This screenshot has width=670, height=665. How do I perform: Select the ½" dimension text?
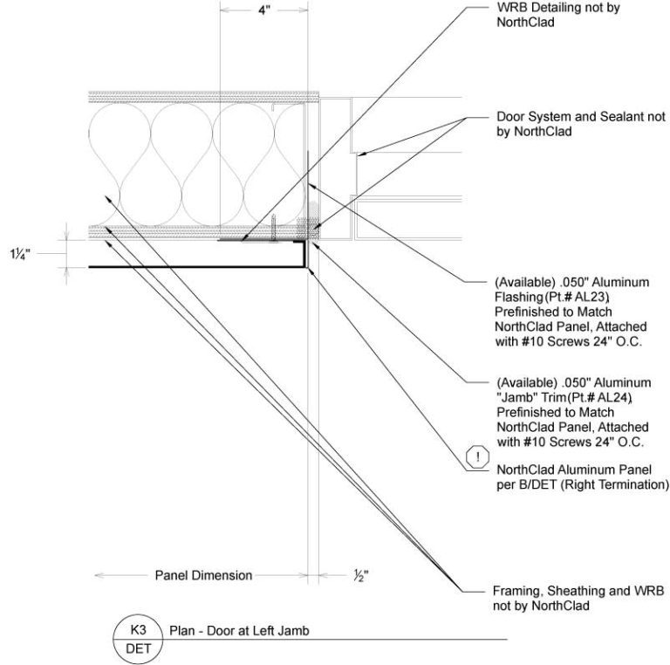(359, 575)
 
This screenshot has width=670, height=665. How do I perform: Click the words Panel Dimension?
(203, 575)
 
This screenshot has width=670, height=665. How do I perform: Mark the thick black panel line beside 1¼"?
(192, 266)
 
